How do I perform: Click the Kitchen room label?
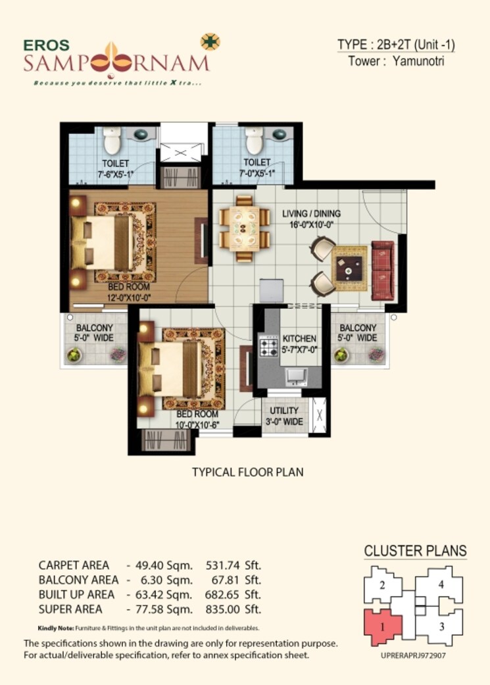(299, 338)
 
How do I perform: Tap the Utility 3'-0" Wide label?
(284, 416)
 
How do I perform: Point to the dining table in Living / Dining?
(244, 229)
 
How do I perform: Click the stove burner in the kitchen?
(268, 345)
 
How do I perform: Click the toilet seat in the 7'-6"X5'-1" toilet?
(112, 140)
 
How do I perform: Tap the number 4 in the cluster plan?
(441, 584)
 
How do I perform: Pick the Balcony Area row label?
(78, 580)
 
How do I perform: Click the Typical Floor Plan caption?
(247, 472)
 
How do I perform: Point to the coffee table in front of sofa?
(348, 267)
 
